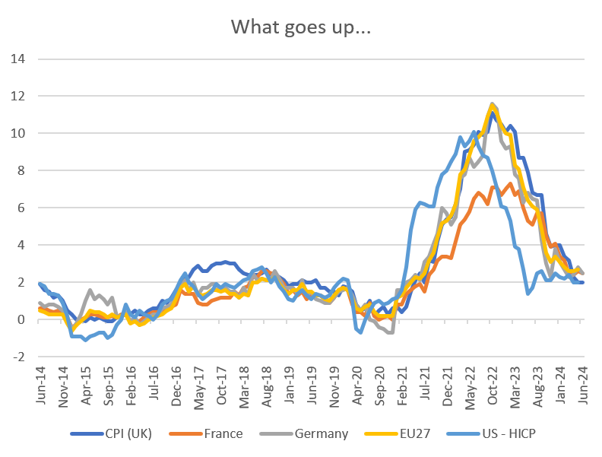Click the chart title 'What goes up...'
point(300,27)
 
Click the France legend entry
point(223,434)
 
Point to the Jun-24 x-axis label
point(581,386)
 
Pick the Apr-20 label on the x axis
point(356,386)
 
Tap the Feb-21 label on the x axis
point(401,386)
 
